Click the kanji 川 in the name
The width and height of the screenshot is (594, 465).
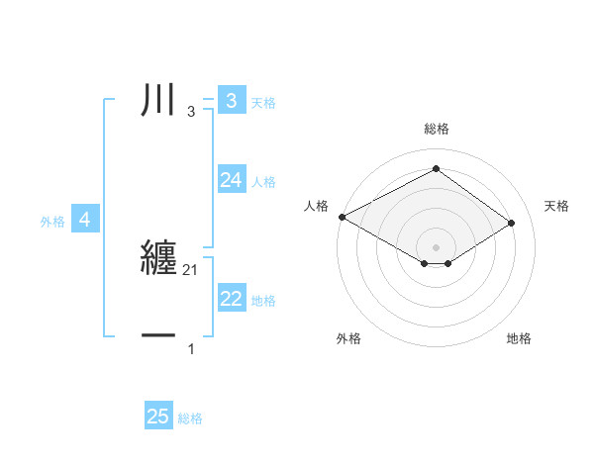159,101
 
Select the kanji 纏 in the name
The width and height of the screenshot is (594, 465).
159,257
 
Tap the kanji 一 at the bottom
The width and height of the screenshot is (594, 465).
159,336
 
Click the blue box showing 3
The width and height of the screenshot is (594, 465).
231,101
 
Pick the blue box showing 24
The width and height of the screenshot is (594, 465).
231,180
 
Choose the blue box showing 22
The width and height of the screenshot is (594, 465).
231,299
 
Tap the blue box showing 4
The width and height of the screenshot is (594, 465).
85,220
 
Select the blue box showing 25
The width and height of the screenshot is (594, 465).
158,417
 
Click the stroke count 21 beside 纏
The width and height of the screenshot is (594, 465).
191,270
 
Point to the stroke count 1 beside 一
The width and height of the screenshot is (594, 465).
191,349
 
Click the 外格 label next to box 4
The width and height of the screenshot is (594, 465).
52,222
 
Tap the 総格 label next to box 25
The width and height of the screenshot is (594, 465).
190,418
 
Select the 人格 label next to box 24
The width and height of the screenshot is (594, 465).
263,182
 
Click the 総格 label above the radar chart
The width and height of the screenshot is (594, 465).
436,129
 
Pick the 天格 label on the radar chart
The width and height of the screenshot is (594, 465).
556,206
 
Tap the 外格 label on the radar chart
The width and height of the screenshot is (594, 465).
348,338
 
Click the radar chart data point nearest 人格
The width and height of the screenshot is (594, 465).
342,217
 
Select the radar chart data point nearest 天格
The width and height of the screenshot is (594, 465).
511,224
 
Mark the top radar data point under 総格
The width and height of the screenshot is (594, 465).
436,169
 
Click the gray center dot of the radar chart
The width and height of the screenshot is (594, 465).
436,245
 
